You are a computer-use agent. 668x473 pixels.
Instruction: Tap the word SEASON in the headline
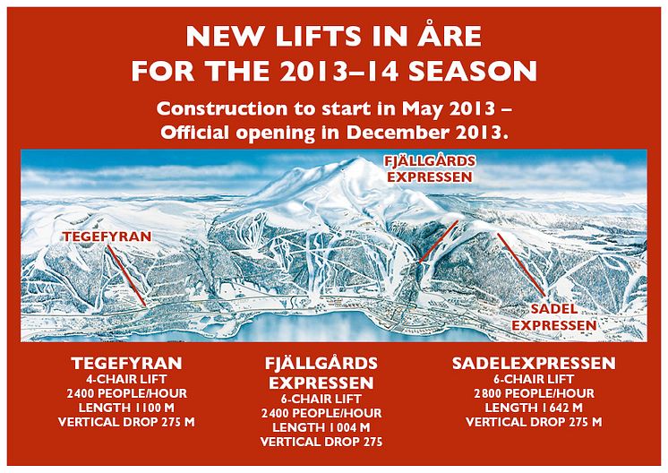[x=473, y=71]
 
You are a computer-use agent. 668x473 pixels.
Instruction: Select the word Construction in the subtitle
[x=221, y=108]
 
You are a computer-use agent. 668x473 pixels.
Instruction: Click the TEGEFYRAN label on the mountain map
[x=107, y=236]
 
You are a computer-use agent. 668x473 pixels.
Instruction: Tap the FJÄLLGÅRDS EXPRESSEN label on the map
[x=430, y=169]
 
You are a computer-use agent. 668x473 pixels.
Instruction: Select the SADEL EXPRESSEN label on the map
[x=553, y=317]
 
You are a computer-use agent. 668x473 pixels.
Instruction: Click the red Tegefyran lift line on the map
[x=127, y=275]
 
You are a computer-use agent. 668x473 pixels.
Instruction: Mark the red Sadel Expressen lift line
[x=521, y=264]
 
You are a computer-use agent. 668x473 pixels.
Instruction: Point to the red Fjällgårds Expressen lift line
[x=439, y=241]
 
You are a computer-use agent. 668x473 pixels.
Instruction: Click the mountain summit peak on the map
[x=355, y=159]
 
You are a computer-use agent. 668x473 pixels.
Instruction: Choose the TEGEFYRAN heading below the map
[x=126, y=364]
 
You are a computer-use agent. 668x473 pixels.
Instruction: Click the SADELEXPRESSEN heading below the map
[x=534, y=364]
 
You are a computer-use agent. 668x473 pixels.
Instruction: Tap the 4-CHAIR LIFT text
[x=126, y=379]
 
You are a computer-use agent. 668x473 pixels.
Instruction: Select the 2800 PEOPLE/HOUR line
[x=534, y=393]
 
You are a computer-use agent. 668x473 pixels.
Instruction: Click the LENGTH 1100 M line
[x=126, y=408]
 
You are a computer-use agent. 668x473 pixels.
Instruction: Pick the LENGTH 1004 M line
[x=321, y=427]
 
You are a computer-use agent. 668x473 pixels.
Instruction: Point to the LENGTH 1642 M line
[x=534, y=408]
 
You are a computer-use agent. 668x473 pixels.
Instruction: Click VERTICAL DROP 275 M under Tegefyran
[x=126, y=422]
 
